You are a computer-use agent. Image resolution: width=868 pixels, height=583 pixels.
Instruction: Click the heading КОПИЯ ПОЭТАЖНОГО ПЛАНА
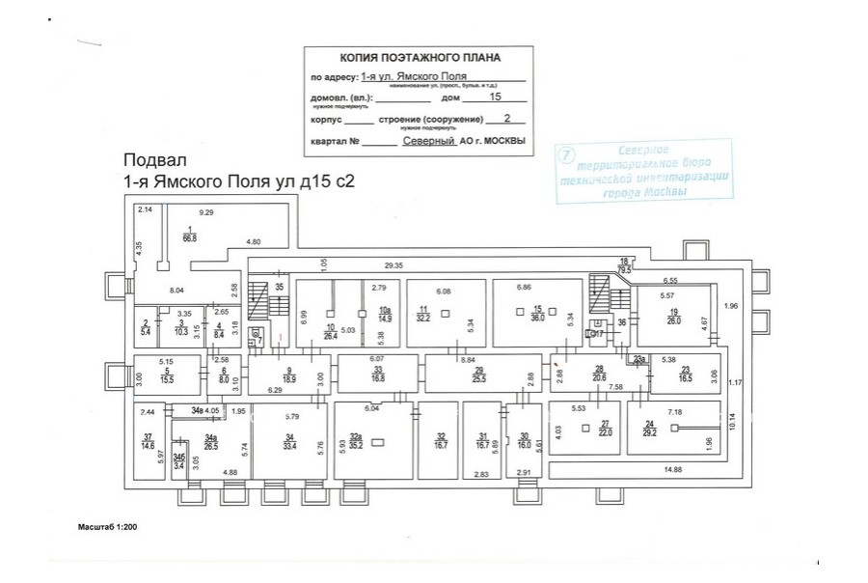416,58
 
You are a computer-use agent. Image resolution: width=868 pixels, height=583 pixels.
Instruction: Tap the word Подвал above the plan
154,160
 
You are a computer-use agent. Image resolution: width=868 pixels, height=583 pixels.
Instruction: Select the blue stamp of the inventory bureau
643,172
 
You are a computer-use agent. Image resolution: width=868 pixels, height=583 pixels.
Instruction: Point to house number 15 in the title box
496,97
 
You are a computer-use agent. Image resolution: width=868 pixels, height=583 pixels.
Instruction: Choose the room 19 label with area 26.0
673,317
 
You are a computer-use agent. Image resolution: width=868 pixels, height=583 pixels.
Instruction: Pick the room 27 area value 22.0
605,433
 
